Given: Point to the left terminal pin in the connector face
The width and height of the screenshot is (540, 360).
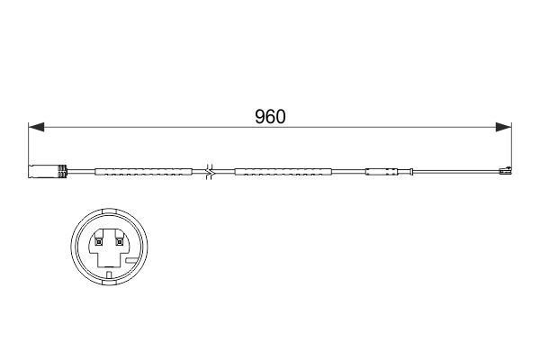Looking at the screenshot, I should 96,239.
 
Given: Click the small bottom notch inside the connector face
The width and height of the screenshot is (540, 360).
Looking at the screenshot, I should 108,274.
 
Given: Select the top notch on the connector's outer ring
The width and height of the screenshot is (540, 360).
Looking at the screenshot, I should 108,212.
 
